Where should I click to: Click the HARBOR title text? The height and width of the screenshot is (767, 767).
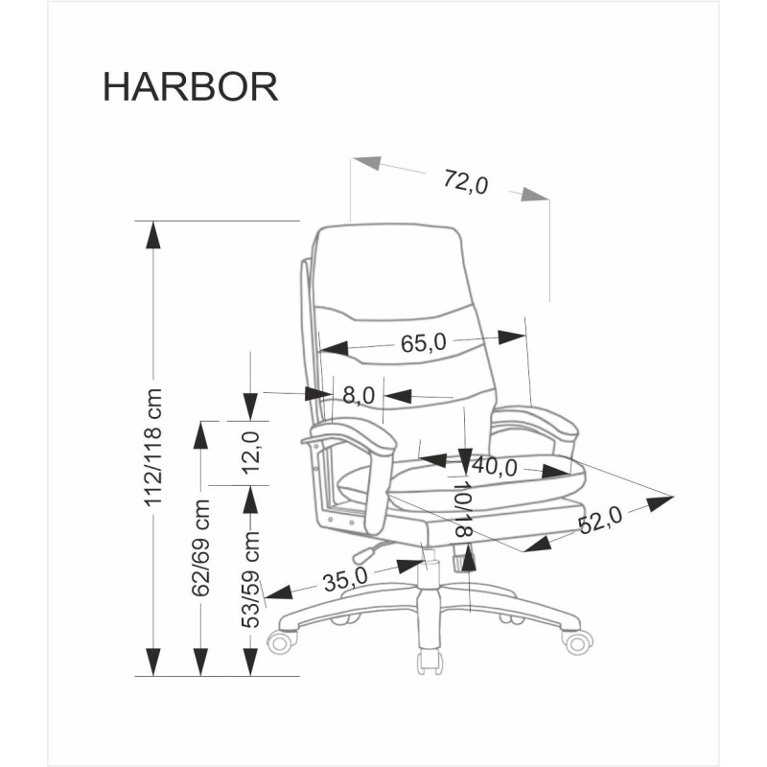click(190, 85)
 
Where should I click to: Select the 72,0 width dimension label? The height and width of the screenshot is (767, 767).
click(466, 182)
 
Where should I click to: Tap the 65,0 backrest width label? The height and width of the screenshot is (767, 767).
click(424, 342)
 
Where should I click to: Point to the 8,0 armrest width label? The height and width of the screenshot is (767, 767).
click(358, 394)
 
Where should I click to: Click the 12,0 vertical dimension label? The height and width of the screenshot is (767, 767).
click(251, 453)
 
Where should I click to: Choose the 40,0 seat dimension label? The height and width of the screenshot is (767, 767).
click(495, 468)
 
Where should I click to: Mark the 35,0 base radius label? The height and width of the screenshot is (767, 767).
click(345, 578)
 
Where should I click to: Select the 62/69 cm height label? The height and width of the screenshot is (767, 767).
click(201, 547)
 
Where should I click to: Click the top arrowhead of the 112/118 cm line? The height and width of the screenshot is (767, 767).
click(151, 234)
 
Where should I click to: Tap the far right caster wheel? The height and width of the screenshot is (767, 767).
click(578, 639)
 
